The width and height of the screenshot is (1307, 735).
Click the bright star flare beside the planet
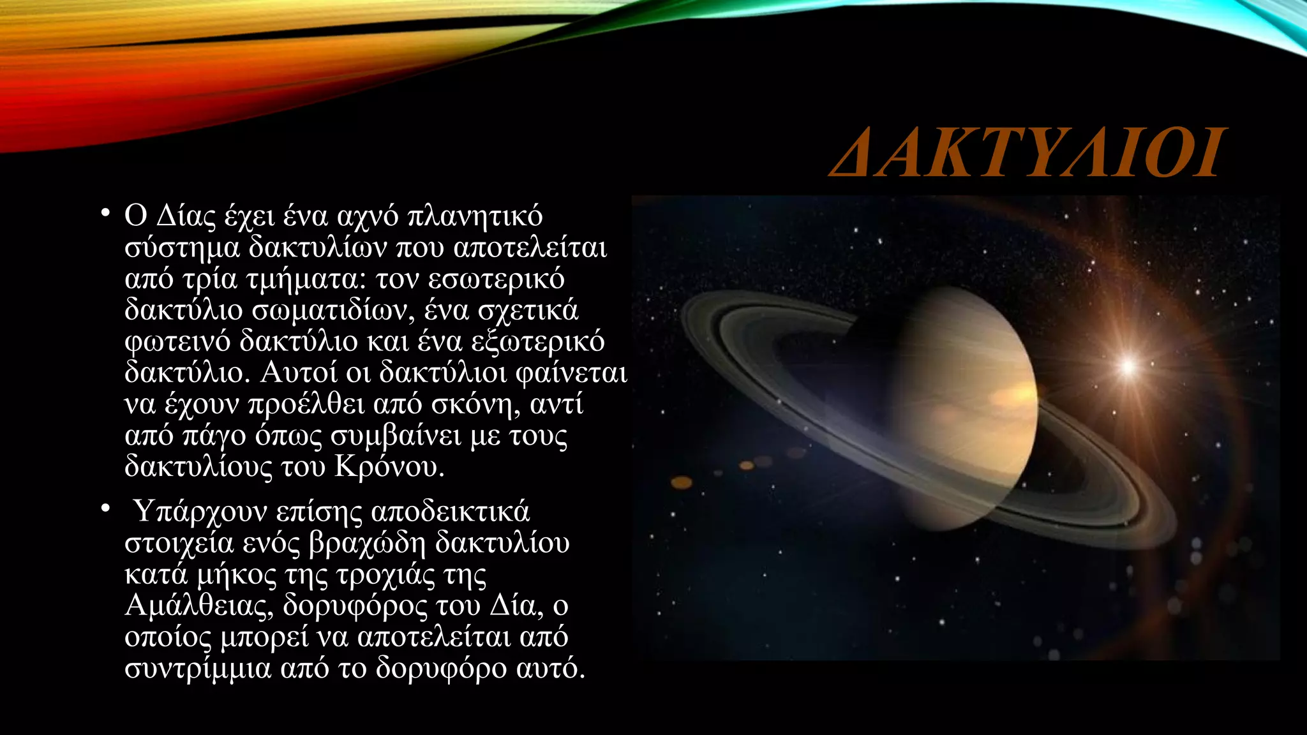[x=1128, y=366]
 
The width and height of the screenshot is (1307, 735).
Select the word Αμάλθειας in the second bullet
[x=198, y=605]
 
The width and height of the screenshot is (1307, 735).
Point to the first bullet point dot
[x=105, y=212]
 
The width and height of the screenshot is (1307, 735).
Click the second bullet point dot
[x=105, y=509]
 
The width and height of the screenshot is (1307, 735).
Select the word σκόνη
[x=475, y=404]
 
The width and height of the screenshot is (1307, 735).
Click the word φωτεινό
[x=177, y=341]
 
